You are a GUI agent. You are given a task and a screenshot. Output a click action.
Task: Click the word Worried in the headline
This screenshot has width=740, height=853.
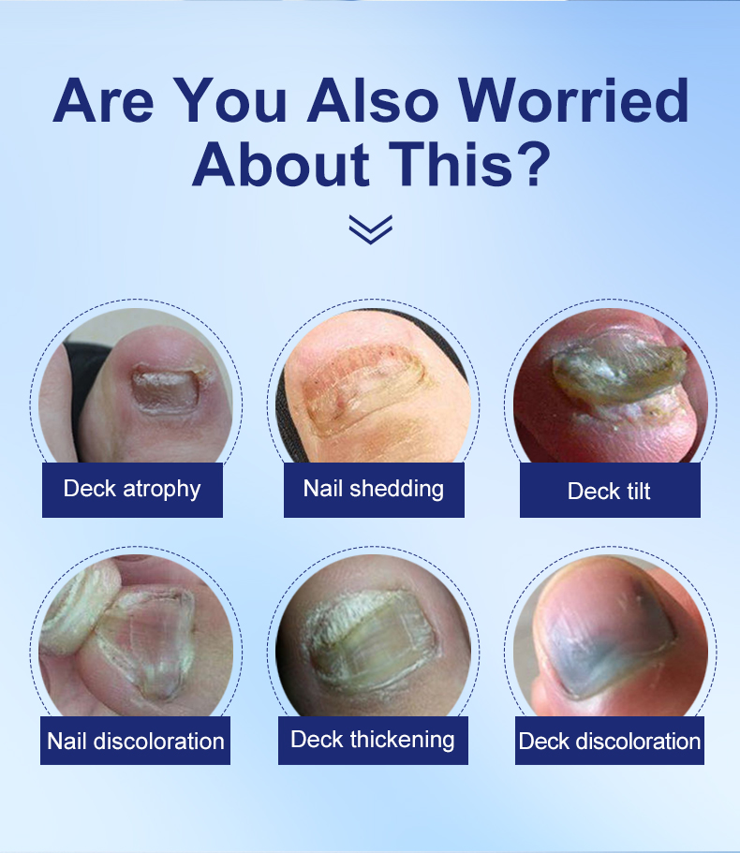[x=573, y=100]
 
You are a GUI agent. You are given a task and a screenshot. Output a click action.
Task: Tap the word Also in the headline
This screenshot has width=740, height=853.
[x=373, y=100]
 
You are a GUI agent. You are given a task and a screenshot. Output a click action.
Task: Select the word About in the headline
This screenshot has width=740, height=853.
[x=282, y=164]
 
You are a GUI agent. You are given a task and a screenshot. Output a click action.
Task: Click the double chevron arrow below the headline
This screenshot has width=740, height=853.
[x=371, y=229]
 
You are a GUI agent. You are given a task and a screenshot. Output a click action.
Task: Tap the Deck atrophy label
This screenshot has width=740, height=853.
[x=132, y=490]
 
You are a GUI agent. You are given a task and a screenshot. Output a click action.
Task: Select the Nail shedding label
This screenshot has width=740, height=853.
[x=374, y=490]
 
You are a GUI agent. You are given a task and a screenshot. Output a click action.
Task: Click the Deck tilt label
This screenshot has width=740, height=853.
[x=610, y=490]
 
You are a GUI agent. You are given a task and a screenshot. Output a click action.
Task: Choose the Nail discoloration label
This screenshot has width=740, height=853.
[x=135, y=741]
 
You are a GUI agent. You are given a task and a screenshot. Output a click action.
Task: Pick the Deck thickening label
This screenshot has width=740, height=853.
[x=373, y=741]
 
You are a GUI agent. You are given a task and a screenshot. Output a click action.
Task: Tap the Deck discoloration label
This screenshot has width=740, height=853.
[x=610, y=741]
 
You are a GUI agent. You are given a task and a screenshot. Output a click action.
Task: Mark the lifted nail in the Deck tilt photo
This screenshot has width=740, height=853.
[x=617, y=368]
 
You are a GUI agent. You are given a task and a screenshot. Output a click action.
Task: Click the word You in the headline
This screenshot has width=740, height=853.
[x=229, y=100]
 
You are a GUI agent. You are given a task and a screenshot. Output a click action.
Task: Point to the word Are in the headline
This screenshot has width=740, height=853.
[x=103, y=100]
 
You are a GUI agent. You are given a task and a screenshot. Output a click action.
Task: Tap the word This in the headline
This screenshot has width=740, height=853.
[x=451, y=164]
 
